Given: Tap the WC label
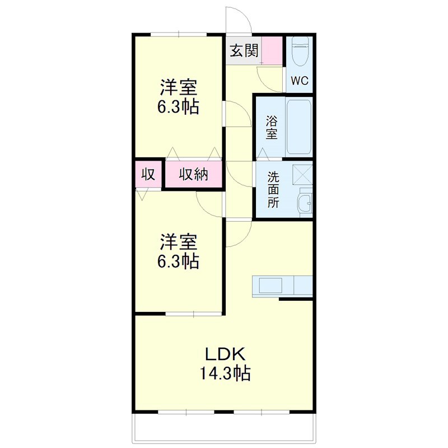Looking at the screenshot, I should click(x=300, y=81).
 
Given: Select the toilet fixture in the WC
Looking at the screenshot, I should click(x=300, y=53).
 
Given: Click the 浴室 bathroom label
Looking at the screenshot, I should click(x=272, y=127).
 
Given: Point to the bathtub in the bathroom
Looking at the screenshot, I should click(x=300, y=127).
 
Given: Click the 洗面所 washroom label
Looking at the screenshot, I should click(x=273, y=190).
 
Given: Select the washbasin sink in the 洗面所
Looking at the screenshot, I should click(x=305, y=203).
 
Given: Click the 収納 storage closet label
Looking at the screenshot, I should click(x=193, y=175).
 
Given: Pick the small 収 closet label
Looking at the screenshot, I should click(x=148, y=174).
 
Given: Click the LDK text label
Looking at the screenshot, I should click(x=225, y=354).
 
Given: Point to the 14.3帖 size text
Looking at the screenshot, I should click(x=225, y=372).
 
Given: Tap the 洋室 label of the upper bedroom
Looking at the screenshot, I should click(x=179, y=88).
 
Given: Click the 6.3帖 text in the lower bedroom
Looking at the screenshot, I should click(x=179, y=261).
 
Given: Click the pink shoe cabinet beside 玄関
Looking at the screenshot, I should click(x=273, y=50).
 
